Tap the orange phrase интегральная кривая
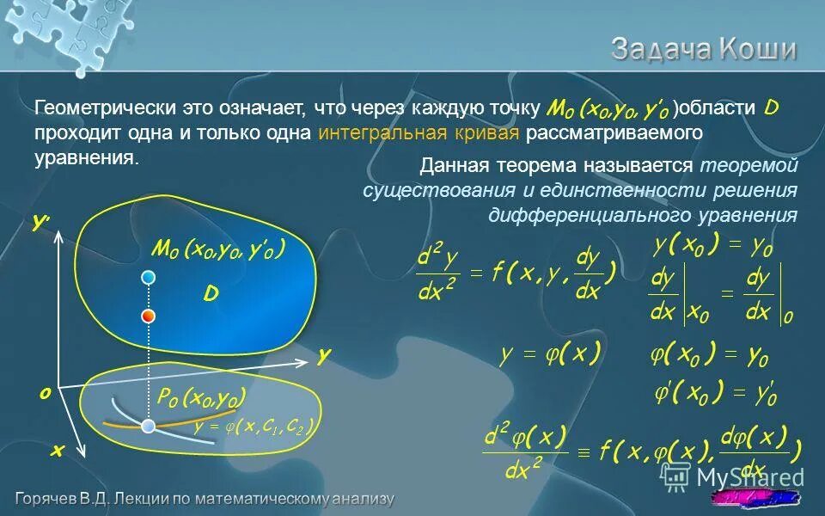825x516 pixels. coord(419,133)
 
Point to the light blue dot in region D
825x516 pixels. coord(149,277)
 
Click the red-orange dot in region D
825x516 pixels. coord(149,316)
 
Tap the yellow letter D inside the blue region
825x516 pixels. coord(211,295)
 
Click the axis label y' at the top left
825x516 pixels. coord(40,222)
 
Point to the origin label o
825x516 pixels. coord(44,392)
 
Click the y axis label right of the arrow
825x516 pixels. coord(324,355)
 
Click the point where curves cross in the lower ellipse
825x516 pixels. coord(149,427)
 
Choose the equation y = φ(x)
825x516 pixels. coord(550,354)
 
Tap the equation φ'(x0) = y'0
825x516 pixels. coord(715,394)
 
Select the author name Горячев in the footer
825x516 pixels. coord(51,499)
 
